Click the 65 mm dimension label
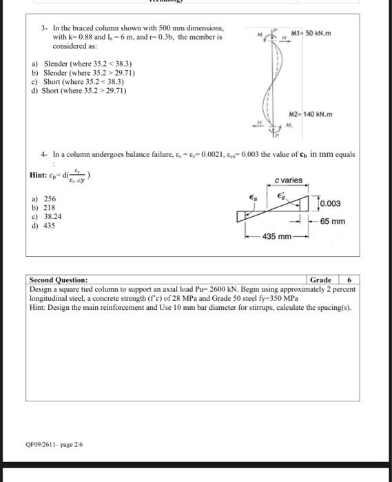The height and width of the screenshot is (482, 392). click(333, 222)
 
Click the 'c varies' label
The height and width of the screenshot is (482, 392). click(287, 180)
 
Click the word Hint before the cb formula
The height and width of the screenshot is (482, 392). click(38, 176)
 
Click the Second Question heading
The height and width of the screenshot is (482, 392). click(59, 280)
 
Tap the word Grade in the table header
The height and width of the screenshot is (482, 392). click(320, 280)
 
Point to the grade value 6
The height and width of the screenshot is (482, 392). click(349, 280)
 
